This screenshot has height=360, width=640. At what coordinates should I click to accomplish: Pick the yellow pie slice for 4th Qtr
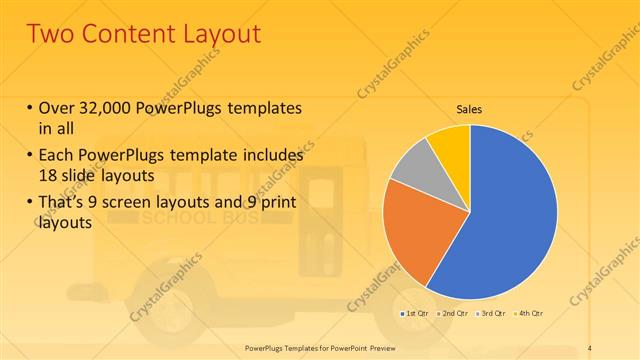pyautogui.click(x=450, y=145)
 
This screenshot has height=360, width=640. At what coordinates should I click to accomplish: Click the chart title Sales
pyautogui.click(x=470, y=108)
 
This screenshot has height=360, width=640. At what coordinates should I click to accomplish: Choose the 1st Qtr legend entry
pyautogui.click(x=416, y=314)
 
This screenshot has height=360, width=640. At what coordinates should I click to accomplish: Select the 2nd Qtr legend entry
pyautogui.click(x=454, y=314)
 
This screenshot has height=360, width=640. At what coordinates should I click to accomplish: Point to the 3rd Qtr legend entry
pyautogui.click(x=492, y=314)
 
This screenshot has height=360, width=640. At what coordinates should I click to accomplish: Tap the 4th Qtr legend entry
pyautogui.click(x=528, y=314)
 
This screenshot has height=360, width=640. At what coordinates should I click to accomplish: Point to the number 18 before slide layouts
pyautogui.click(x=45, y=173)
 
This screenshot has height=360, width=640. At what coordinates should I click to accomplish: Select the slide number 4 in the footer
pyautogui.click(x=590, y=347)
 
